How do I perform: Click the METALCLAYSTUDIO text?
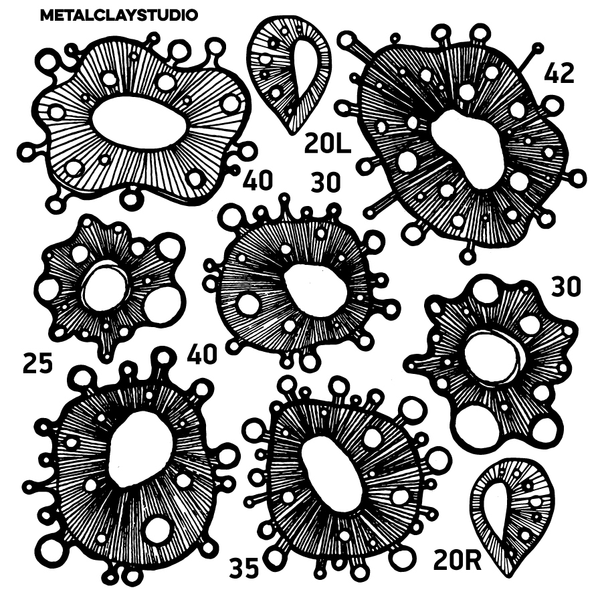click(x=119, y=15)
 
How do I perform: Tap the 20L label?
click(x=328, y=144)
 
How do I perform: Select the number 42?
click(x=559, y=73)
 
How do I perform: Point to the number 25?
click(x=37, y=363)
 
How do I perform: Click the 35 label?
click(x=244, y=568)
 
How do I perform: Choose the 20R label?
click(x=458, y=561)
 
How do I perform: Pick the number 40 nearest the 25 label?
click(x=202, y=354)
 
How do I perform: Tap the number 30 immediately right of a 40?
click(x=326, y=182)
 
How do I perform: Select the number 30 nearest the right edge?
click(x=566, y=286)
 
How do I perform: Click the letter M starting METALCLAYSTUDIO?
click(x=47, y=15)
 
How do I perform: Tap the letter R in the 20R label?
click(x=473, y=561)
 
